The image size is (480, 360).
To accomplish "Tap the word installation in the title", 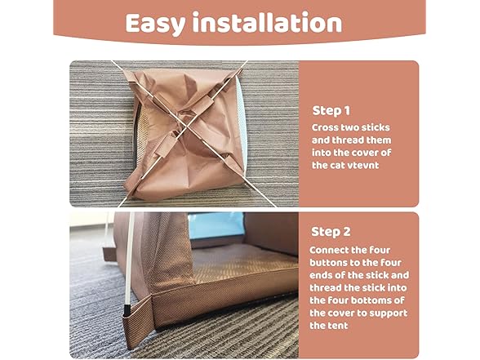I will pyautogui.click(x=266, y=23).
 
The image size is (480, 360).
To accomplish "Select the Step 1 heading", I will pyautogui.click(x=331, y=110).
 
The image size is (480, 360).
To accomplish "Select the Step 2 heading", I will pyautogui.click(x=331, y=231).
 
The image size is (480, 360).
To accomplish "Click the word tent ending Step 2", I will pyautogui.click(x=321, y=326).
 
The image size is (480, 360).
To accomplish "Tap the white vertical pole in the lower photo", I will pyautogui.click(x=128, y=261).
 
